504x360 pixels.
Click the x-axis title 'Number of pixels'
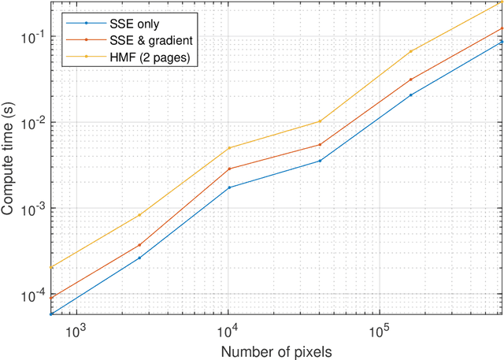coord(276,350)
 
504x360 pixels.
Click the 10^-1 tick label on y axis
coord(32,38)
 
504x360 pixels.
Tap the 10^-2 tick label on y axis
coord(32,124)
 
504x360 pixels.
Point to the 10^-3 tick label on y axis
coord(32,210)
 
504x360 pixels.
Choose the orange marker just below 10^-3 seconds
coord(139,245)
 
